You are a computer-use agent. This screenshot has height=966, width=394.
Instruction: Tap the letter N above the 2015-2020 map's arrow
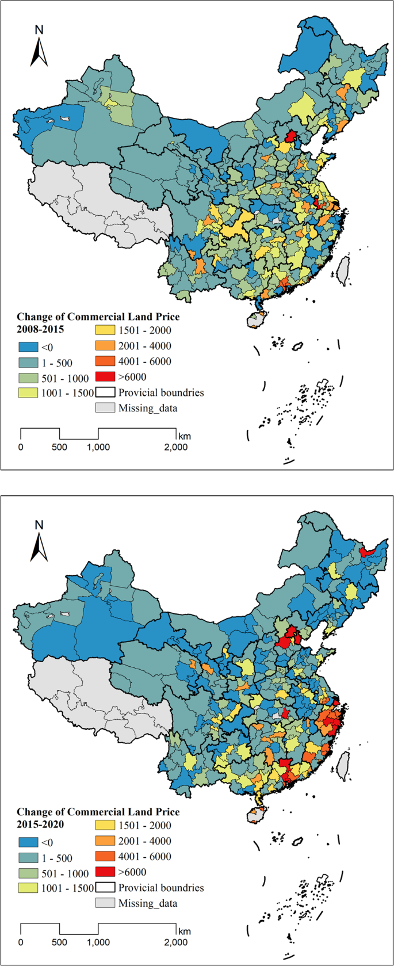39,525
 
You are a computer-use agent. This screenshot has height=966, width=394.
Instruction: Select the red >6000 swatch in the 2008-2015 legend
105,377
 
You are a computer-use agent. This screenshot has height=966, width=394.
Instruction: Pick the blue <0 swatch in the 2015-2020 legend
28,842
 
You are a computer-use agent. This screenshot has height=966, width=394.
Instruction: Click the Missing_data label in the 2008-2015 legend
148,408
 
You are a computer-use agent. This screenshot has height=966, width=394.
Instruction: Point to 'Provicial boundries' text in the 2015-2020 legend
161,888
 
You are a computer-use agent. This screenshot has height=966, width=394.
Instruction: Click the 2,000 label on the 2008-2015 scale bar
175,447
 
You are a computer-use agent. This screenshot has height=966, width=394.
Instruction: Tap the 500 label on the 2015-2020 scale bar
59,942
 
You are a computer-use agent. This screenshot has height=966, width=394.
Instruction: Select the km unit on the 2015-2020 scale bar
184,931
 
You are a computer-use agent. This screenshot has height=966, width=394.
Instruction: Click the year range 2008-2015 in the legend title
40,330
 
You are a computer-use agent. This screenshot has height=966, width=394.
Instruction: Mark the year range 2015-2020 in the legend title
40,825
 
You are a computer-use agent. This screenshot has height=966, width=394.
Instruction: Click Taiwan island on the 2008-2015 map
343,270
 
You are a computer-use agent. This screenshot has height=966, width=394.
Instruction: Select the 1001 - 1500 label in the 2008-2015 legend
67,393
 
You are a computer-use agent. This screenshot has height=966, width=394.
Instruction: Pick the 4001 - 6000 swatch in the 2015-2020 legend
105,857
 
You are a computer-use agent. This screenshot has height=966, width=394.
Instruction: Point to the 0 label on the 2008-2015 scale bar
21,447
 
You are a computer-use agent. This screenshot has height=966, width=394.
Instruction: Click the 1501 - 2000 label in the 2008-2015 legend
144,330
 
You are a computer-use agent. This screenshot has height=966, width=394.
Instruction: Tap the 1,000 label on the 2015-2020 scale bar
98,942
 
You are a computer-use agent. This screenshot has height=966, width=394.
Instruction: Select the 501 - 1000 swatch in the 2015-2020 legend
28,873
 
